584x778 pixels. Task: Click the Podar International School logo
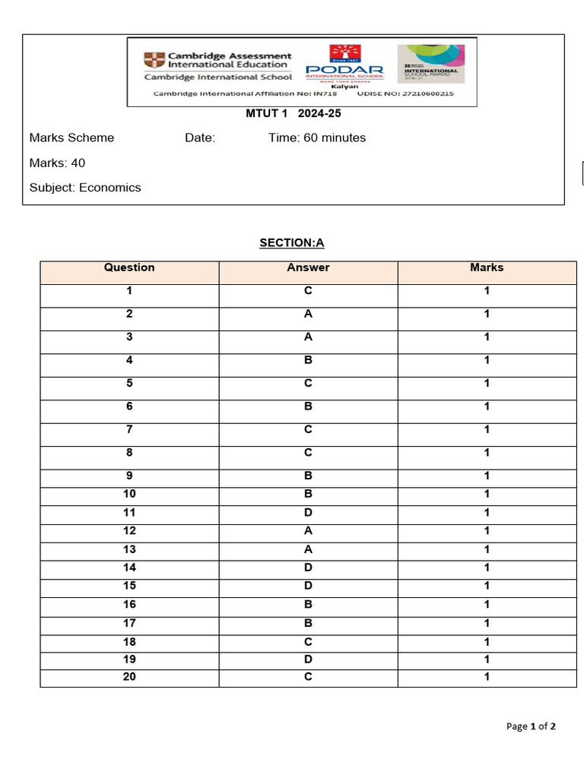pyautogui.click(x=344, y=65)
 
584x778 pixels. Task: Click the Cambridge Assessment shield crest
pyautogui.click(x=154, y=60)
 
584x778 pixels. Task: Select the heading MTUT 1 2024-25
pyautogui.click(x=288, y=114)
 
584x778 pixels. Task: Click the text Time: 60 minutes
pyautogui.click(x=317, y=138)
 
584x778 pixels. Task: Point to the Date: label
pyautogui.click(x=200, y=138)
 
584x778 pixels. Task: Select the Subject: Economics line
pyautogui.click(x=85, y=188)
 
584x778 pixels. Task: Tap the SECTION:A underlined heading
pyautogui.click(x=292, y=243)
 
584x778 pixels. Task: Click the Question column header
pyautogui.click(x=129, y=267)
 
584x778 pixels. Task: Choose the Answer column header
pyautogui.click(x=308, y=267)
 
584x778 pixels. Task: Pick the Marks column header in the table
pyautogui.click(x=487, y=267)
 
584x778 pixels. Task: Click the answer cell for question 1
pyautogui.click(x=308, y=291)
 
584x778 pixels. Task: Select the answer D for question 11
pyautogui.click(x=308, y=513)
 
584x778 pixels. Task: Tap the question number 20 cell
pyautogui.click(x=129, y=677)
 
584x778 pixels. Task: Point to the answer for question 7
pyautogui.click(x=308, y=430)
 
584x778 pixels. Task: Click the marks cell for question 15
pyautogui.click(x=487, y=586)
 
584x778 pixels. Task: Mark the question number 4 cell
pyautogui.click(x=129, y=361)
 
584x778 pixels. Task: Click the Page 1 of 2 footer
pyautogui.click(x=531, y=726)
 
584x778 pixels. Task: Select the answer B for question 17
pyautogui.click(x=308, y=623)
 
